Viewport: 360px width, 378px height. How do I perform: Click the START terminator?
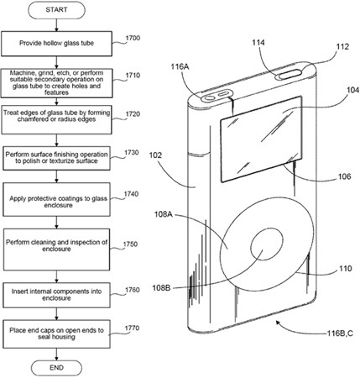click(x=56, y=10)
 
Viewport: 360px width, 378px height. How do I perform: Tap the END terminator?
click(x=56, y=367)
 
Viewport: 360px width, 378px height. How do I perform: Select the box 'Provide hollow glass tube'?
click(x=57, y=44)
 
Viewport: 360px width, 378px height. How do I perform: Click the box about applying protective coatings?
click(x=56, y=199)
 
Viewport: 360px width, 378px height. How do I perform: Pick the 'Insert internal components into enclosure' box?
click(x=56, y=295)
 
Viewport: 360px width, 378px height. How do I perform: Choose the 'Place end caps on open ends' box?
click(x=56, y=334)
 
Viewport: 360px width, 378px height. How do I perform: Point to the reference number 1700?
click(x=133, y=38)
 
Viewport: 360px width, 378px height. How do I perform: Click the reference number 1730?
click(x=132, y=153)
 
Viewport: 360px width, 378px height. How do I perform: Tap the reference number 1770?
click(x=132, y=328)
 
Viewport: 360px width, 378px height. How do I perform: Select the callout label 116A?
click(x=180, y=66)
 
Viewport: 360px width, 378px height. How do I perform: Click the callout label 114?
click(x=258, y=43)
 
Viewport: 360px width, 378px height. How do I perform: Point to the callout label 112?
click(x=342, y=46)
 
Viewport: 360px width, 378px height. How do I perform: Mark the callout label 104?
click(x=353, y=90)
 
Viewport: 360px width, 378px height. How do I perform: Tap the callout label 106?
click(x=344, y=176)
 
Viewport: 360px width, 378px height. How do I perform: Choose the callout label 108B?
click(x=161, y=287)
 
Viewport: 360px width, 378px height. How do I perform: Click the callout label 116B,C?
click(x=340, y=333)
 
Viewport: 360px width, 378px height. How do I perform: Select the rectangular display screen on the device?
click(x=261, y=139)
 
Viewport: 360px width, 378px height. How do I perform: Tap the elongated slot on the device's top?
click(x=289, y=75)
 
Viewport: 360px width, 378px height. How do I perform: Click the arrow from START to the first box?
click(x=57, y=25)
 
